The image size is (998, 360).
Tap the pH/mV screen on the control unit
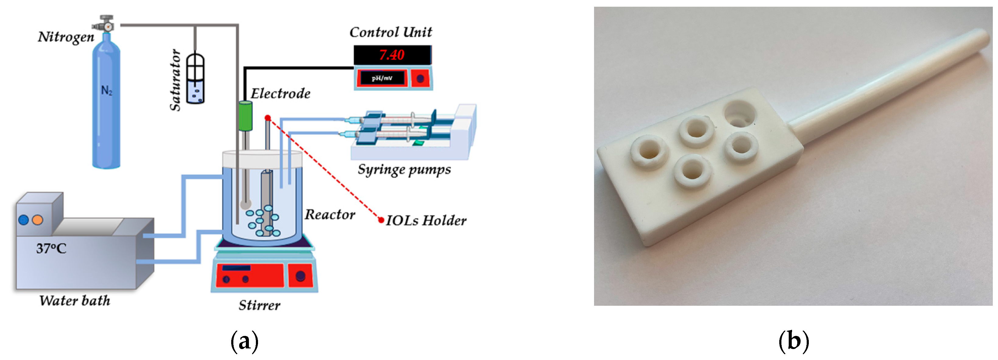pos(382,78)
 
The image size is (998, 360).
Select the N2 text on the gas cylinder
pos(107,90)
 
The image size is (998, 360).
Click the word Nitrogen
pos(66,37)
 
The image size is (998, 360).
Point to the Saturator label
pos(175,80)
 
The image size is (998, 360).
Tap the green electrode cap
pos(245,115)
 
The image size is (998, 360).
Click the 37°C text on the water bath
pos(51,248)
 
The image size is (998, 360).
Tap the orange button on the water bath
pos(37,220)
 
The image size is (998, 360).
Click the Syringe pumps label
pos(404,169)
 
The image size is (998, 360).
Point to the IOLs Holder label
pos(426,220)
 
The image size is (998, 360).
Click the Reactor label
pos(330,214)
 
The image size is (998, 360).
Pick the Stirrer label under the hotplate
pos(259,305)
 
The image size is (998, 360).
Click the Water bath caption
pos(75,301)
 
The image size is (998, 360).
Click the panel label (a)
pos(244,341)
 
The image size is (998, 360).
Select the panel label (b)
pos(794,341)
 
